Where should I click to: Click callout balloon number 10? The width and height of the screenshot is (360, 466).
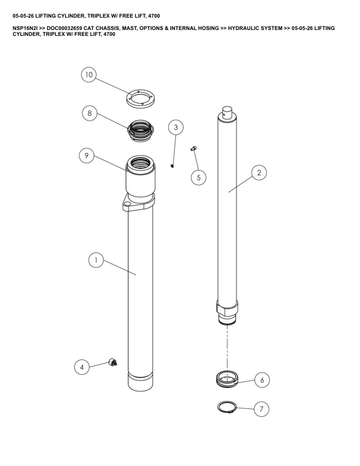click(x=89, y=75)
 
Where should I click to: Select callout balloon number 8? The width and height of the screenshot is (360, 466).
click(x=89, y=113)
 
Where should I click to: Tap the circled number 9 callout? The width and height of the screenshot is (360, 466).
click(x=86, y=155)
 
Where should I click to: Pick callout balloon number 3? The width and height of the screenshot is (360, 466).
click(x=176, y=127)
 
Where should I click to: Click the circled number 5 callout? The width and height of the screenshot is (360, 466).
click(x=198, y=178)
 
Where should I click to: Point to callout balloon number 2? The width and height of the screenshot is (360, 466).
click(x=259, y=172)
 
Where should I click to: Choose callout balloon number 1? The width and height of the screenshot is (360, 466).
click(x=96, y=260)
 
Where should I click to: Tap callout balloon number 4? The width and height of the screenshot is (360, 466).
click(x=82, y=367)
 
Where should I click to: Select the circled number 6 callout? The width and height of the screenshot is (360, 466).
click(x=262, y=380)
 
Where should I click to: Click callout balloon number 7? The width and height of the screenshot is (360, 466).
click(x=261, y=409)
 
